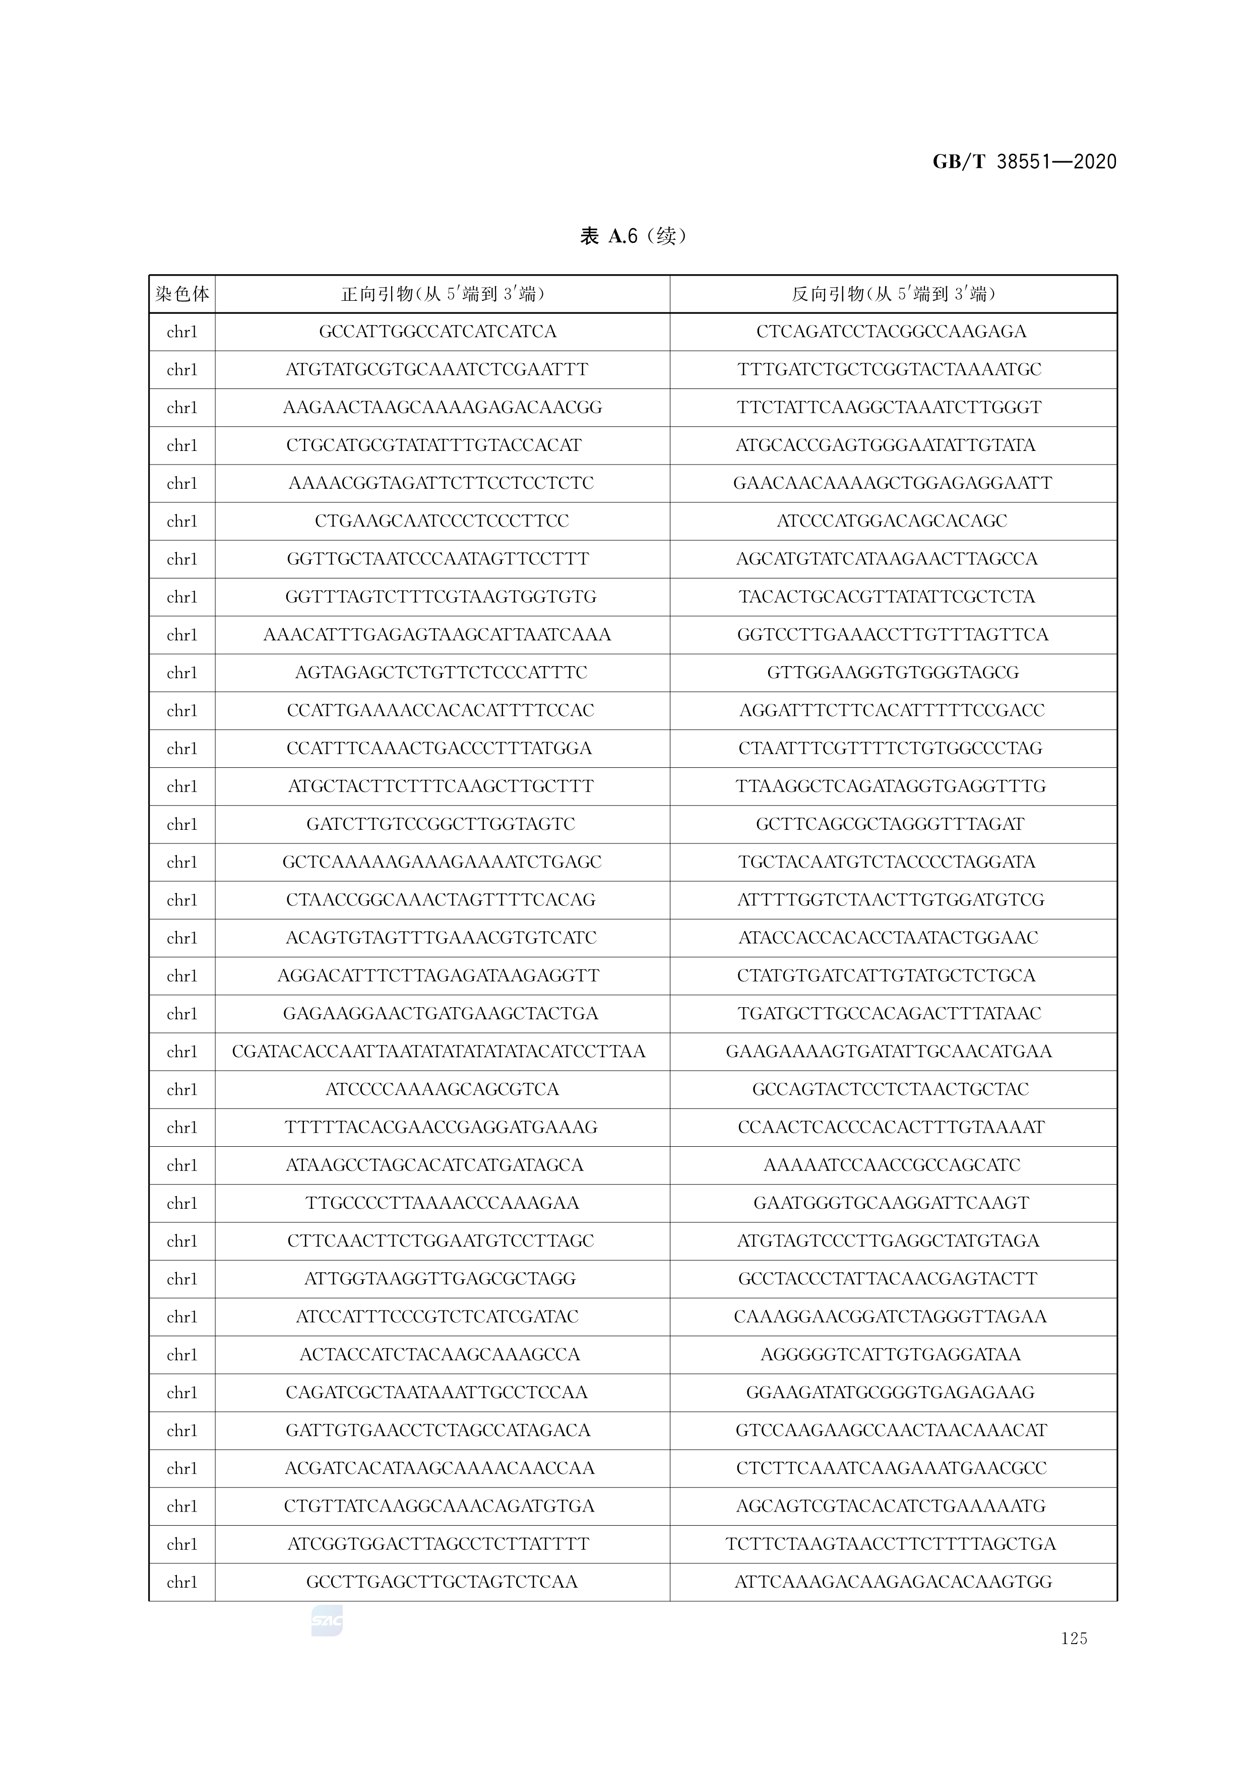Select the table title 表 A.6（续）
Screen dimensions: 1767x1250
(632, 235)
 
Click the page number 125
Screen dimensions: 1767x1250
(1074, 1639)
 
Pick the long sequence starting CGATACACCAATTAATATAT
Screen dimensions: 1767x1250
(439, 1051)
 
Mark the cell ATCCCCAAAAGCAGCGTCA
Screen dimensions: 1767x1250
(442, 1089)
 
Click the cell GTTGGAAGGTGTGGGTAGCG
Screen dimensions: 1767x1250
(893, 673)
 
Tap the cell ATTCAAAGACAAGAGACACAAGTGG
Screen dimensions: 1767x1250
(893, 1582)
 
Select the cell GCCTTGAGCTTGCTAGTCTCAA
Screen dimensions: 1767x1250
(442, 1582)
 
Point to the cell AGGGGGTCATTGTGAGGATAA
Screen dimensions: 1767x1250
(891, 1354)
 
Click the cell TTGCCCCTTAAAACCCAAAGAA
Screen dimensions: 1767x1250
(442, 1203)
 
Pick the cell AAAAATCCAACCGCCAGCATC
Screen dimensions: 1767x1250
(892, 1165)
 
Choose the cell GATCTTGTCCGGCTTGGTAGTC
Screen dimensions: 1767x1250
(440, 824)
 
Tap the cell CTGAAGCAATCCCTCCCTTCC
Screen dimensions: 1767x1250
(442, 521)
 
